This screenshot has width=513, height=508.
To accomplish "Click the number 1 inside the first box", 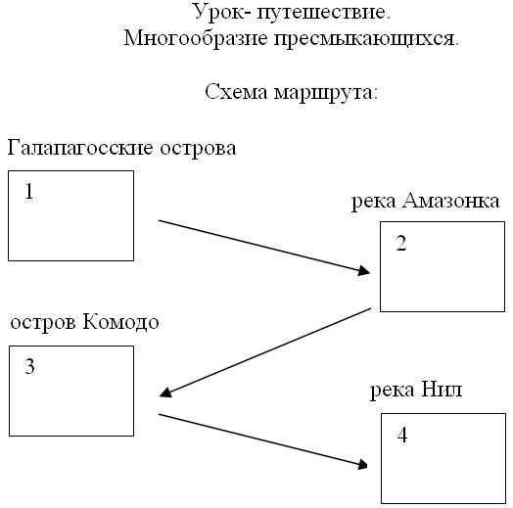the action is pyautogui.click(x=29, y=192).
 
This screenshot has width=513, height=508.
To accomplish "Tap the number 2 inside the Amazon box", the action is pyautogui.click(x=401, y=243).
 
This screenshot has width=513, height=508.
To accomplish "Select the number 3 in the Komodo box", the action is pyautogui.click(x=29, y=366).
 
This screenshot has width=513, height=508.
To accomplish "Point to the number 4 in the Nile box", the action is pyautogui.click(x=402, y=435).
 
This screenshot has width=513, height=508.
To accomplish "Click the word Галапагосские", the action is pyautogui.click(x=80, y=148).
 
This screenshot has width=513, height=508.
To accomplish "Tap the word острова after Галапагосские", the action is pyautogui.click(x=198, y=149).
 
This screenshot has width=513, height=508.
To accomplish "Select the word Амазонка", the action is pyautogui.click(x=451, y=201).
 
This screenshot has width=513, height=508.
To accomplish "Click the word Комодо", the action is pyautogui.click(x=120, y=322).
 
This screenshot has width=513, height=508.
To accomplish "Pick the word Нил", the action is pyautogui.click(x=442, y=390).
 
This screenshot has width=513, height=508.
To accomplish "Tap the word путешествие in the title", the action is pyautogui.click(x=324, y=13).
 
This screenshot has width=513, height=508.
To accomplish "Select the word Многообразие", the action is pyautogui.click(x=196, y=38).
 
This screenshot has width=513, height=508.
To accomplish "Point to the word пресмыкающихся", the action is pyautogui.click(x=366, y=39).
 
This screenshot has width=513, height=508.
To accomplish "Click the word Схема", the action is pyautogui.click(x=236, y=92).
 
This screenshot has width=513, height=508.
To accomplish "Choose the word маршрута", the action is pyautogui.click(x=326, y=93).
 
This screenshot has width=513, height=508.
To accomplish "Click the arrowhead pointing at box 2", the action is pyautogui.click(x=364, y=270).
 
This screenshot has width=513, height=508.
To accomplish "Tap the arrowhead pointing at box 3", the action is pyautogui.click(x=166, y=393).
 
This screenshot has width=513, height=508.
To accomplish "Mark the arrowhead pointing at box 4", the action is pyautogui.click(x=362, y=464).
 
